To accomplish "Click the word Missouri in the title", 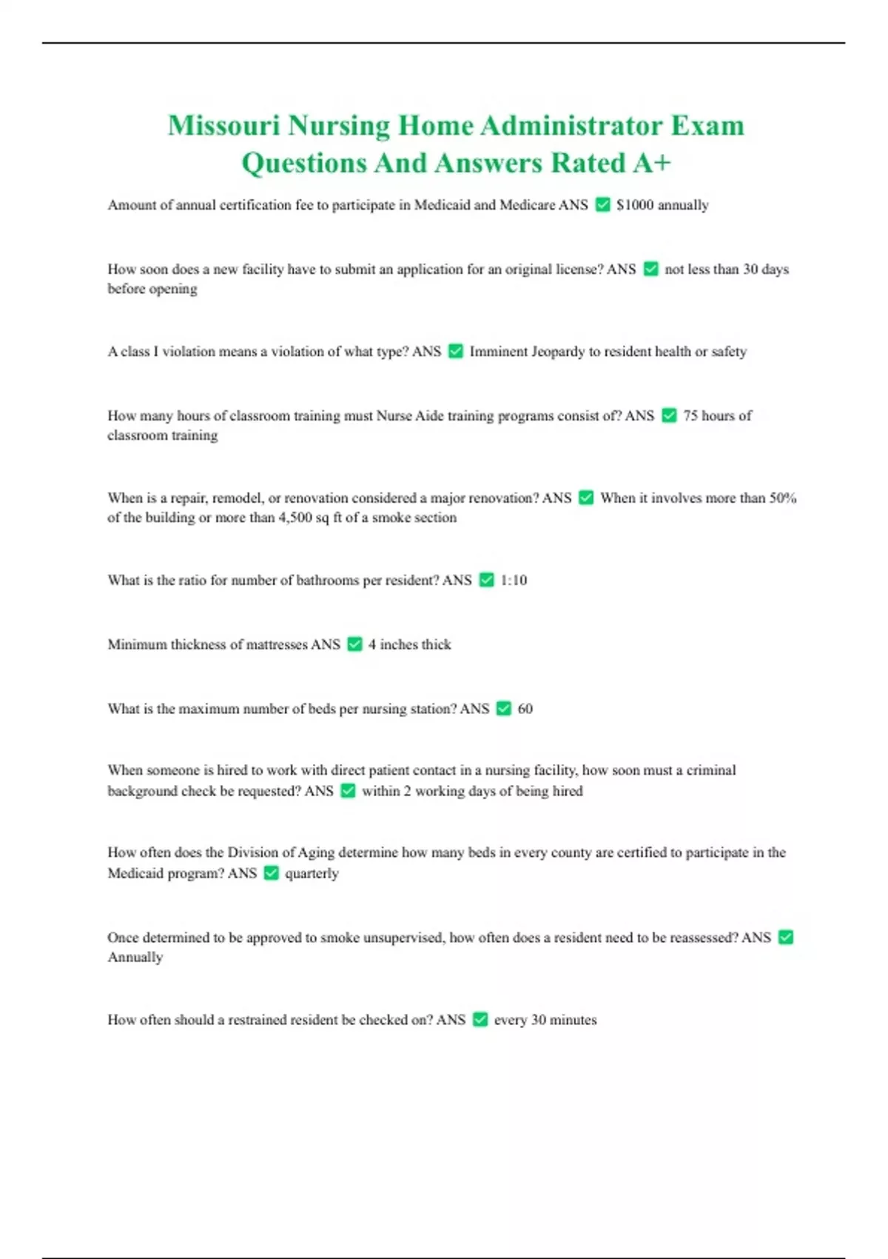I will click(223, 126).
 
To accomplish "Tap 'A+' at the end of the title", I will click(651, 163).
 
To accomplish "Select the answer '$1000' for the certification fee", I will click(635, 205).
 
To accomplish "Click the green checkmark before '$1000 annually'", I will click(603, 204).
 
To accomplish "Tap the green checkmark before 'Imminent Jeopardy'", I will click(456, 351).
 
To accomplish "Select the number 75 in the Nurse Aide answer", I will click(690, 416).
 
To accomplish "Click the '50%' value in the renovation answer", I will click(783, 498).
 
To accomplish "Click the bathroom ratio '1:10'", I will click(514, 581).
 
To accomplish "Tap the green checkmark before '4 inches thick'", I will click(354, 644).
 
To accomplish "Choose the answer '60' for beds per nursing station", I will click(525, 709).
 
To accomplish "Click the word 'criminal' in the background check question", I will click(711, 771).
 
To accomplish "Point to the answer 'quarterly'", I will click(312, 874).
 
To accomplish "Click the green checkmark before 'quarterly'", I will click(272, 873).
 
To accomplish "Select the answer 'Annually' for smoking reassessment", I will click(135, 958).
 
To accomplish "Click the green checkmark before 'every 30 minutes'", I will click(480, 1020).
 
